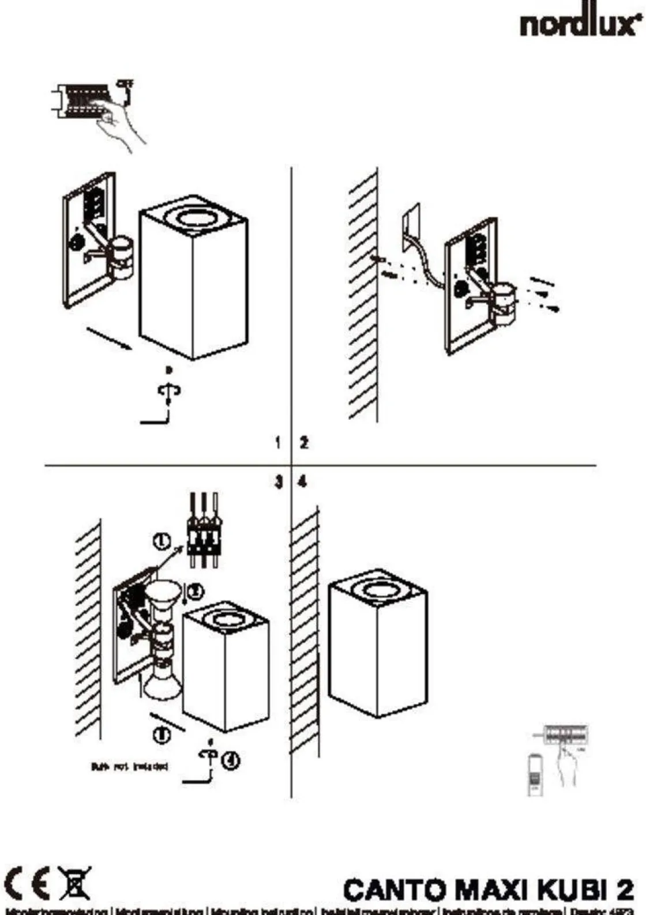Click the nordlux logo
click(580, 24)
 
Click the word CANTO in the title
click(397, 890)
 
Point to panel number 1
click(278, 443)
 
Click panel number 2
click(304, 443)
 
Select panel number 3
click(279, 482)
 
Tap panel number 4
click(303, 482)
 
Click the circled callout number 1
click(162, 541)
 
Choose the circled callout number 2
click(196, 591)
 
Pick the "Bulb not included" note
click(129, 767)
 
